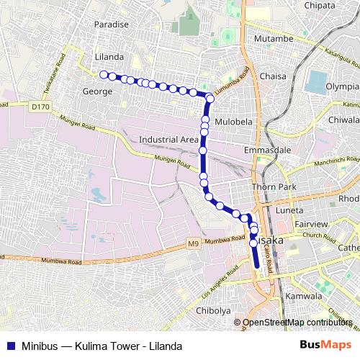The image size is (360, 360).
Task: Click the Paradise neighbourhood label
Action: click(110, 24)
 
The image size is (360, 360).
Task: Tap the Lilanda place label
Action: click(109, 56)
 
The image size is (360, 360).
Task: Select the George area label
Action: click(97, 91)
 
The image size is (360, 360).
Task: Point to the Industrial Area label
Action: click(168, 139)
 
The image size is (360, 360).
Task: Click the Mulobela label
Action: click(234, 121)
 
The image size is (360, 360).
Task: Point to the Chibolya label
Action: click(213, 310)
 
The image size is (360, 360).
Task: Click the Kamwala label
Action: click(303, 297)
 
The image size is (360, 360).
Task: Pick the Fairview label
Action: click(310, 224)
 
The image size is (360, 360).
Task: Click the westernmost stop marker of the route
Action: click(104, 74)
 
